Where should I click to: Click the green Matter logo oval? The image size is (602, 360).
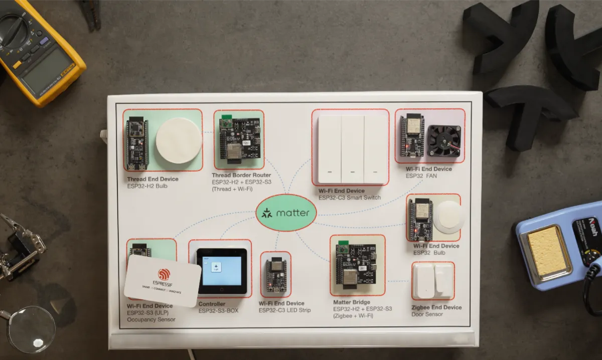pos(286,213)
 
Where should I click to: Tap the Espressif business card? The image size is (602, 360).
pos(163,281)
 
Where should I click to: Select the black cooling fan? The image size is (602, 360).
pos(443,140)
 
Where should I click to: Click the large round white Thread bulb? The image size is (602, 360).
pos(179,140)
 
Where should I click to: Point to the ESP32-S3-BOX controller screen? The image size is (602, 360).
pos(221,270)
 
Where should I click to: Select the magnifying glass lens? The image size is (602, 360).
pos(31,329)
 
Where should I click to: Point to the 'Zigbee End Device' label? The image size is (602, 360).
pos(436,307)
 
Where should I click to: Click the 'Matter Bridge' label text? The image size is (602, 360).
pos(352,302)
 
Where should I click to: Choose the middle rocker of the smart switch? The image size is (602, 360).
pos(353,149)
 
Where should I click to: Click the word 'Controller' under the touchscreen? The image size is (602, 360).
pos(212,304)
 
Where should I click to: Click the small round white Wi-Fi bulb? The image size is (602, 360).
pos(447,217)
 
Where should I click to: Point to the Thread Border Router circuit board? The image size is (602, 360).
pos(239,138)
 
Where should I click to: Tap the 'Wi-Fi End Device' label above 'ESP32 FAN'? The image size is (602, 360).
pos(428,169)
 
